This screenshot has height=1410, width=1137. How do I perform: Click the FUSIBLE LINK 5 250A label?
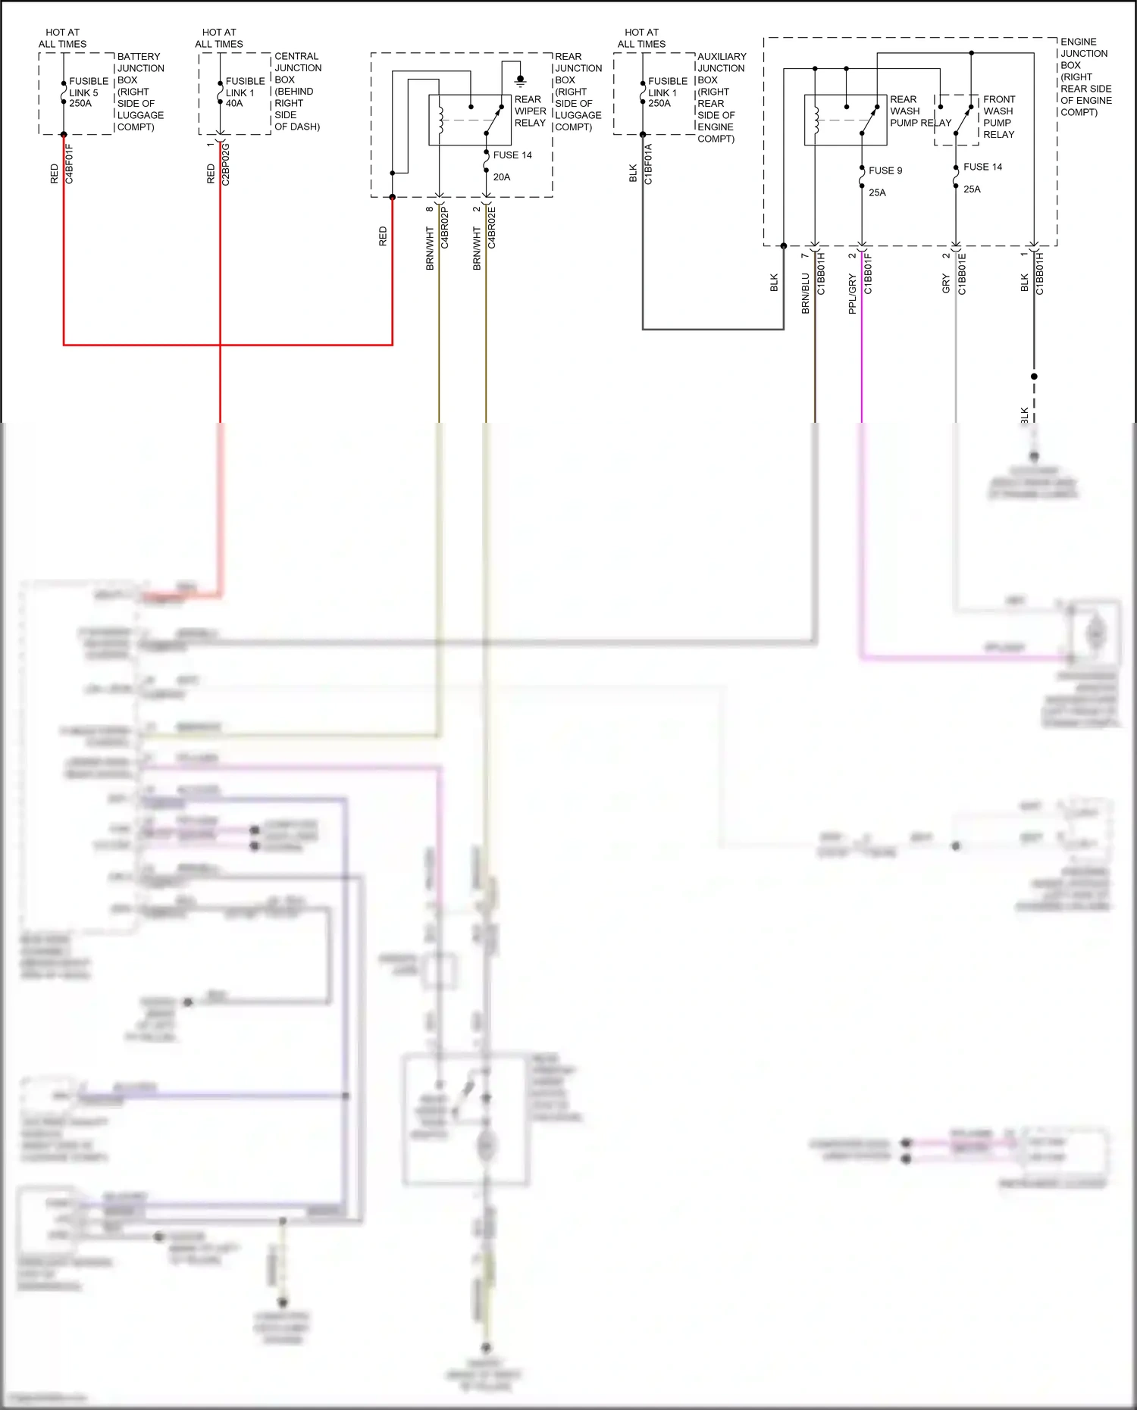point(88,92)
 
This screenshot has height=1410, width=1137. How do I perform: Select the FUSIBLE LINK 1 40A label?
point(245,92)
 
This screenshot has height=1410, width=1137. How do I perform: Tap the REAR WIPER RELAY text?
point(530,111)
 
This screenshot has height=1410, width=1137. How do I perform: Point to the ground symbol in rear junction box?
point(520,80)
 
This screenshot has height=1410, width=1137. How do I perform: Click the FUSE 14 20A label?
point(512,166)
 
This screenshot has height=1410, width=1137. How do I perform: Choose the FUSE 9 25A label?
point(885,181)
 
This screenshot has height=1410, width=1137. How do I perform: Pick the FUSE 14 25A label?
point(982,177)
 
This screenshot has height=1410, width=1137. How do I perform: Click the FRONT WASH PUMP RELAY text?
point(998,117)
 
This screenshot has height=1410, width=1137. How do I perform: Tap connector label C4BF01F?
point(69,164)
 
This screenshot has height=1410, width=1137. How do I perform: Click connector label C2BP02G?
point(226,164)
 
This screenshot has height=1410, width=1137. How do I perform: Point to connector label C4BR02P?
point(445,227)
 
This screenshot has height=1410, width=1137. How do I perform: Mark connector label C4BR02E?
point(492,227)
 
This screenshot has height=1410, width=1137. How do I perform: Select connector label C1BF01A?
point(648,164)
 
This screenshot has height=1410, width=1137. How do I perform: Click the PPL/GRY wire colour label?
point(852,294)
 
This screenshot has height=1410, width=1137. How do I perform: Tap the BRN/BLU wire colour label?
point(805,293)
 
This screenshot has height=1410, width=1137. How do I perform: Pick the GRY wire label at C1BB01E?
point(946,284)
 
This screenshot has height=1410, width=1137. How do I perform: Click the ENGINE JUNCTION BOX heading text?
point(1085,77)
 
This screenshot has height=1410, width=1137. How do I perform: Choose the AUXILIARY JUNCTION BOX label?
point(721,97)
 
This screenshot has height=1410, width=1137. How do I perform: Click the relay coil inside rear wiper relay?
point(440,120)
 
